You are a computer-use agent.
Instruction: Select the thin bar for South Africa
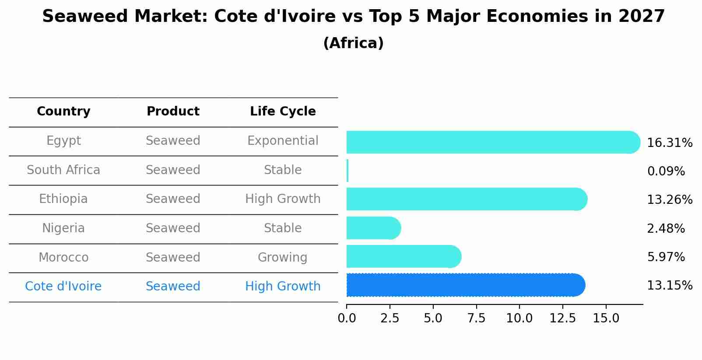pyautogui.click(x=347, y=171)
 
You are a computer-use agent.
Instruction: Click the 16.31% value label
pyautogui.click(x=669, y=143)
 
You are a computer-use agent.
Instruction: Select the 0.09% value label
pyautogui.click(x=666, y=171)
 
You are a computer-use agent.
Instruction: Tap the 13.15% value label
pyautogui.click(x=669, y=286)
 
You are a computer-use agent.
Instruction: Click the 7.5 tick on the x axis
pyautogui.click(x=476, y=318)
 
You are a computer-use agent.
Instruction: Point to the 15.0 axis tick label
pyautogui.click(x=606, y=318)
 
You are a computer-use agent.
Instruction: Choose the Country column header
pyautogui.click(x=63, y=112)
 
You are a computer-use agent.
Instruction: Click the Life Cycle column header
pyautogui.click(x=283, y=112)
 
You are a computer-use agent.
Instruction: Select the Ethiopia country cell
pyautogui.click(x=63, y=199)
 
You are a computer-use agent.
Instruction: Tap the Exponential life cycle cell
pyautogui.click(x=283, y=141)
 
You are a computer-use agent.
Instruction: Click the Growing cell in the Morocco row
pyautogui.click(x=282, y=257)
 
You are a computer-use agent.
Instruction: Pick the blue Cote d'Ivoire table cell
pyautogui.click(x=63, y=287)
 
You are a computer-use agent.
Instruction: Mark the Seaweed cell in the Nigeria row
pyautogui.click(x=173, y=228)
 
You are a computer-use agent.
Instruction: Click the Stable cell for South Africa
pyautogui.click(x=283, y=170)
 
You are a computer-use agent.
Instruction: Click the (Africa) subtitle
pyautogui.click(x=353, y=43)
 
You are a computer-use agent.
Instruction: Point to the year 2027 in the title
pyautogui.click(x=642, y=17)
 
